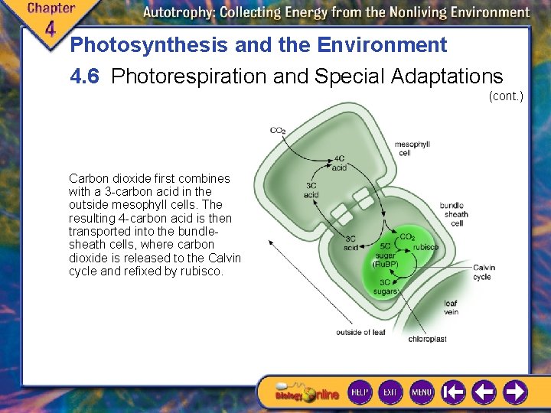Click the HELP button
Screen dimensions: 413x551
[360, 392]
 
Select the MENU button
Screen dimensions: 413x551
[422, 392]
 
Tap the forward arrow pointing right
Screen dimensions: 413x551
[515, 392]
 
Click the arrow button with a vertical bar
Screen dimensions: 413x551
[453, 392]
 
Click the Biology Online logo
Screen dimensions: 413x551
[306, 393]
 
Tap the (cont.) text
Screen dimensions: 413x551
[505, 96]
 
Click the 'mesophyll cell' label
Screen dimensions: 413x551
[412, 148]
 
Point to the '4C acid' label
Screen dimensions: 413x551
[339, 163]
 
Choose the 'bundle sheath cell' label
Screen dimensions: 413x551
[456, 214]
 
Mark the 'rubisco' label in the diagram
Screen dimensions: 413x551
[425, 247]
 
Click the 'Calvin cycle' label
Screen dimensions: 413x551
[483, 272]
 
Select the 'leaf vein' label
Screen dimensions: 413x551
[450, 307]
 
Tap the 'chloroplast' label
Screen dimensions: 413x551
[427, 339]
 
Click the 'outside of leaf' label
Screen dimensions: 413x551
[360, 333]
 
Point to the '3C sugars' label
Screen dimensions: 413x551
[386, 286]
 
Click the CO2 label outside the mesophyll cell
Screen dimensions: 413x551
[278, 131]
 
